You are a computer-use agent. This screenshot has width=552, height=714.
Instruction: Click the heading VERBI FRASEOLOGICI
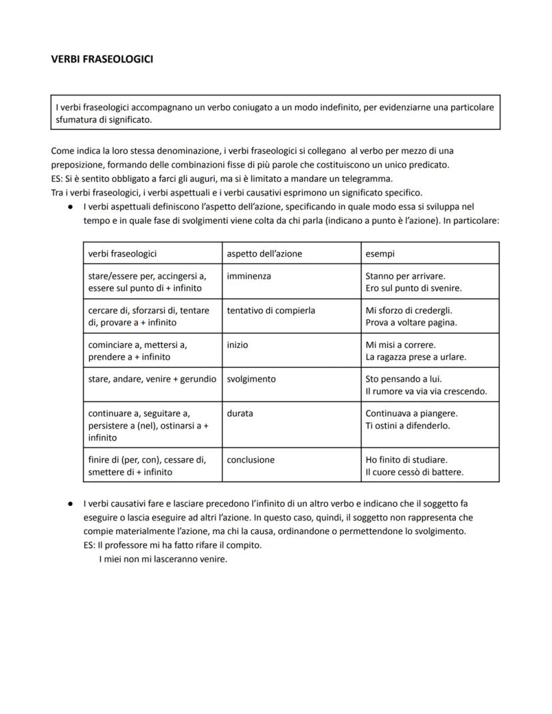tap(102, 59)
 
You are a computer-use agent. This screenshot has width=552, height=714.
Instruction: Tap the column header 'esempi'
tap(381, 254)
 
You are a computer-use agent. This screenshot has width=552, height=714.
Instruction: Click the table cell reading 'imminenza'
tap(249, 276)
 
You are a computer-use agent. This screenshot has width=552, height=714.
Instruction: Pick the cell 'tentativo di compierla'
tap(271, 310)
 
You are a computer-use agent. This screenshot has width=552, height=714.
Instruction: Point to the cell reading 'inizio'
tap(237, 345)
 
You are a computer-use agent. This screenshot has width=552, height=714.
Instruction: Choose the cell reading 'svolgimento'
tap(251, 379)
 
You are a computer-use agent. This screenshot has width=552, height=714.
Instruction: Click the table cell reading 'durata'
tap(240, 413)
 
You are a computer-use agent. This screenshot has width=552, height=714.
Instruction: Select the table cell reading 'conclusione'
tap(251, 459)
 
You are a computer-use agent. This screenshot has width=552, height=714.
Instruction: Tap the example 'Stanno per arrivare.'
tap(405, 276)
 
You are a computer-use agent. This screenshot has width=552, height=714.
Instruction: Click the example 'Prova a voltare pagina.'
tap(411, 323)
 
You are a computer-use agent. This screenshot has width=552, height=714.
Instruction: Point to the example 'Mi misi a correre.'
tap(400, 345)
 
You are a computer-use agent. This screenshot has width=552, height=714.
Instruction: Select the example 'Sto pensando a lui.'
tap(403, 379)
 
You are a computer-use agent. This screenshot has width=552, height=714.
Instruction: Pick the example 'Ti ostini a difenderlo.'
tap(407, 425)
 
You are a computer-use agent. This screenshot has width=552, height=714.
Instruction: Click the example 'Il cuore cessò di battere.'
tap(414, 472)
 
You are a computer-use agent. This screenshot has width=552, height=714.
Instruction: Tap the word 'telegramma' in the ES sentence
tap(370, 179)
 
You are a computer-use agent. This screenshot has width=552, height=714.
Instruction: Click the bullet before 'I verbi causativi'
tap(70, 503)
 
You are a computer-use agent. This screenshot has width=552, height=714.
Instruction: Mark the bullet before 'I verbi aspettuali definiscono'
tap(70, 207)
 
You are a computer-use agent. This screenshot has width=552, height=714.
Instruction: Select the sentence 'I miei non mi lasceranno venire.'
tap(163, 559)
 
